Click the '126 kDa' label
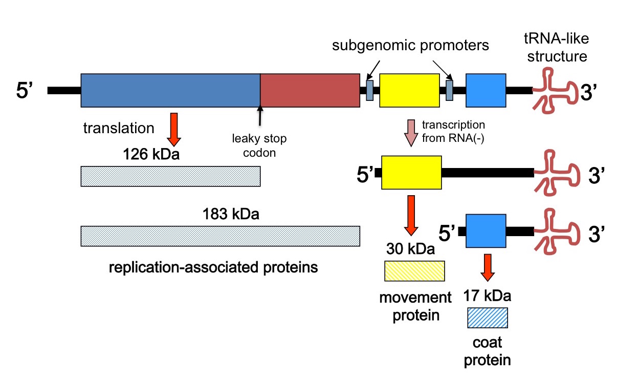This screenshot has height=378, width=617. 151,154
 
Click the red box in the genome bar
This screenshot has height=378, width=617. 310,90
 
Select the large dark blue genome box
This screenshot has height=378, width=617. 170,90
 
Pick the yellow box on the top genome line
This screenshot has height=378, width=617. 409,90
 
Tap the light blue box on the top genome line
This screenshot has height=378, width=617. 486,90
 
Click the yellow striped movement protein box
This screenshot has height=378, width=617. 415,270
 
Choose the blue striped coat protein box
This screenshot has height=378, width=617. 488,318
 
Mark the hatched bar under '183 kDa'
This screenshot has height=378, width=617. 220,236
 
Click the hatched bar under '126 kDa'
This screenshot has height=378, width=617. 170,176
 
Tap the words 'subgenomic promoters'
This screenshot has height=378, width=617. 410,45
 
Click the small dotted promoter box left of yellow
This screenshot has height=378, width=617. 369,91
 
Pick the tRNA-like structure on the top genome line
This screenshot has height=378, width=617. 555,90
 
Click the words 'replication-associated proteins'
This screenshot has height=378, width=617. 213,267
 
